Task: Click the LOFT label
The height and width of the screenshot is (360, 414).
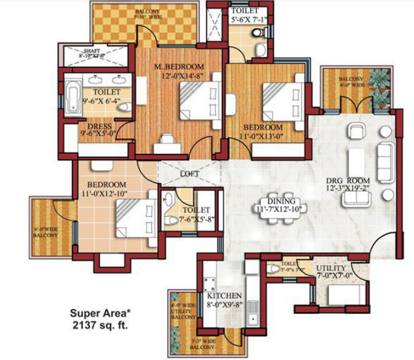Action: click(189, 173)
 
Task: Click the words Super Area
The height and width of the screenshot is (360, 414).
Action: click(94, 314)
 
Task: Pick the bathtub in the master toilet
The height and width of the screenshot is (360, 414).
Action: click(72, 95)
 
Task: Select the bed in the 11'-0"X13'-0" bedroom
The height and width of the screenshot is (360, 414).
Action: click(281, 100)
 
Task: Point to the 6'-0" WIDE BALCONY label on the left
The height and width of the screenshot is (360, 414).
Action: click(46, 232)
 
